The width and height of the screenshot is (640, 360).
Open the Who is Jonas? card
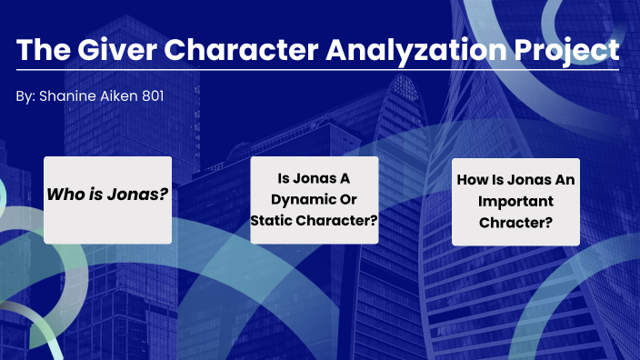[107, 200]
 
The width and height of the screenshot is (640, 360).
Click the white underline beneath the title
[318, 70]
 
